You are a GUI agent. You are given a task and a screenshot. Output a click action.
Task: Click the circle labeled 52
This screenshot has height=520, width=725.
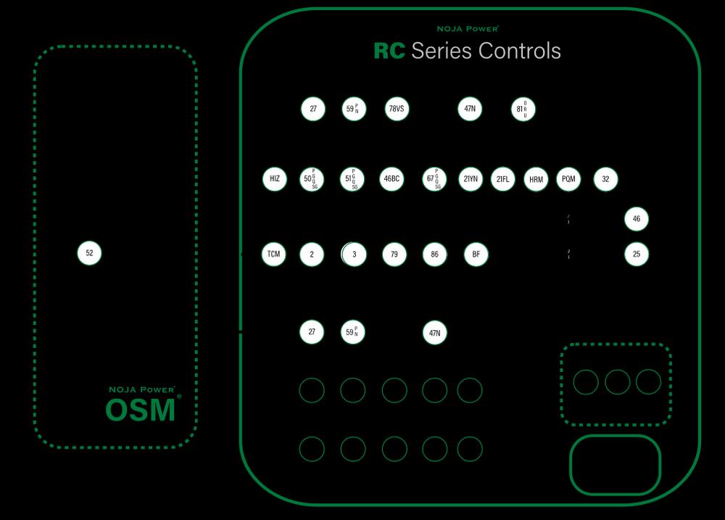coord(89,253)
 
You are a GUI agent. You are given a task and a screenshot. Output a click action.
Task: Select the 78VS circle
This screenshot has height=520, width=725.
coord(397,109)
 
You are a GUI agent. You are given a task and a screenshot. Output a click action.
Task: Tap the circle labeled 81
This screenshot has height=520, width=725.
coord(523,109)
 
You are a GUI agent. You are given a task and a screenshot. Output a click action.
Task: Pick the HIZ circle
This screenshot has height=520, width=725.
coord(274,178)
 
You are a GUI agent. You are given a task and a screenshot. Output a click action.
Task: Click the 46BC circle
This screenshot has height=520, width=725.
coord(391,178)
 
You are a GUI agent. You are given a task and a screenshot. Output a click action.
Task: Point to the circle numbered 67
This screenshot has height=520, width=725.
coord(434,178)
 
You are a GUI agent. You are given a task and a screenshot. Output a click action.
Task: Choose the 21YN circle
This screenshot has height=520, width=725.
coord(471,178)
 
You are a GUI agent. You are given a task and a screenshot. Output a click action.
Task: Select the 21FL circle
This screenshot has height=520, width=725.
coord(503,178)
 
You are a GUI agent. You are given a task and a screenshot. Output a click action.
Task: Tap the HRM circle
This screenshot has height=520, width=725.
coord(536,179)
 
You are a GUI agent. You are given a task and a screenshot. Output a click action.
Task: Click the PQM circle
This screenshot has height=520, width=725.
coord(568,178)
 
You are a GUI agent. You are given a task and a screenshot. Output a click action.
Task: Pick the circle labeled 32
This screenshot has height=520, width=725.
coord(605,178)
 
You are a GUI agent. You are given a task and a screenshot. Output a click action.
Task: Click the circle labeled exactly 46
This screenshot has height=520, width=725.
coord(637,218)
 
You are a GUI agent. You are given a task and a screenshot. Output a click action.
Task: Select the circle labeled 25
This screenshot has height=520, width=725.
coord(637,254)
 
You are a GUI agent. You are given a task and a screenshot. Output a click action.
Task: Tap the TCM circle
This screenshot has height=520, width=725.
coord(273,254)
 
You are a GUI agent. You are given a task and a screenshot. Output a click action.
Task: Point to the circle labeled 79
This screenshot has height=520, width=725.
coord(394,254)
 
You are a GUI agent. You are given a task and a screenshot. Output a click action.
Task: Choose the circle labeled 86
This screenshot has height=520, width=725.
coord(434,254)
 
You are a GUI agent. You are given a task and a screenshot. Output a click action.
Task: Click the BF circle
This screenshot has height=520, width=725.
coord(476,254)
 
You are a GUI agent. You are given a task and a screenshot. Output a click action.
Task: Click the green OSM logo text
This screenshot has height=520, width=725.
coord(141,410)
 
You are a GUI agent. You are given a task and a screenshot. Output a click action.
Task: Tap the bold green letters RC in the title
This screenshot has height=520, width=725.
coord(389,51)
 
